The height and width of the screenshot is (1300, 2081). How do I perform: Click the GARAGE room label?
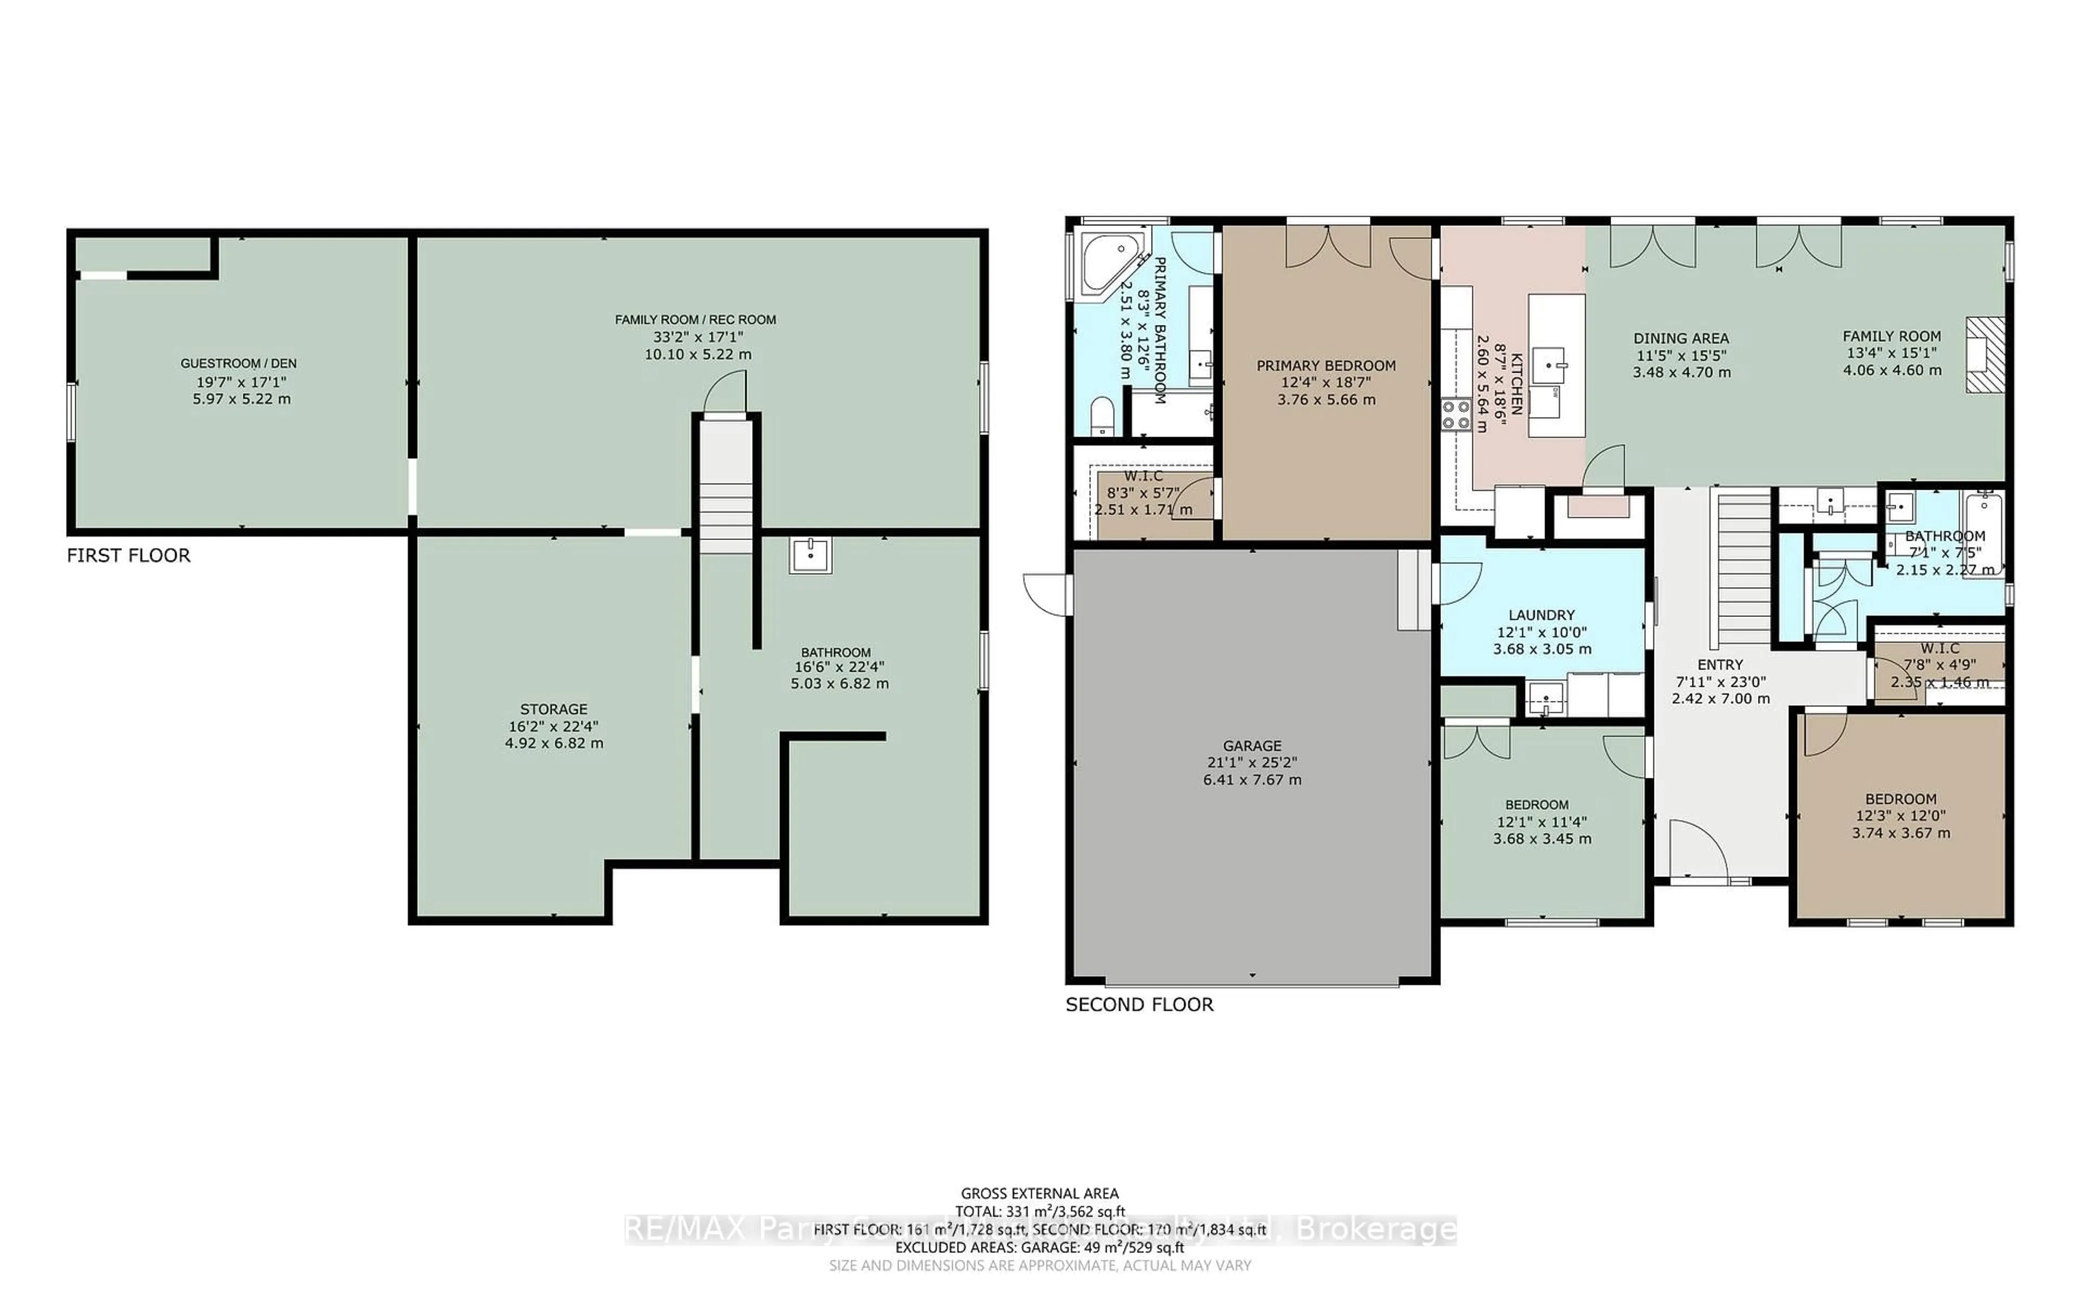coord(1252,745)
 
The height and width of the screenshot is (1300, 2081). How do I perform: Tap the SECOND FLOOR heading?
coord(1139,1004)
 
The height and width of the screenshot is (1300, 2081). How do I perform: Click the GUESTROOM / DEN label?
coord(238,363)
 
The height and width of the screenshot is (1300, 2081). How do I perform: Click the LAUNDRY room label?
coord(1541,615)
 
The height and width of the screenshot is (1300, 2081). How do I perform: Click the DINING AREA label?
coord(1681,338)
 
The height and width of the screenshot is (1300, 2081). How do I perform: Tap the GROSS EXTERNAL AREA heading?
coord(1039,1193)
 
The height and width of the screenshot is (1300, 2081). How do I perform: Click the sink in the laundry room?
coord(1545,697)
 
